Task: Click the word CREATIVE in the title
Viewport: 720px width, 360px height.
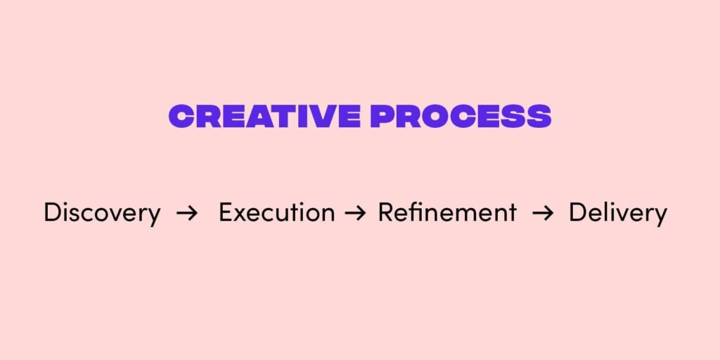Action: (x=264, y=116)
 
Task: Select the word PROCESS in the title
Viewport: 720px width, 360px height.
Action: (x=461, y=116)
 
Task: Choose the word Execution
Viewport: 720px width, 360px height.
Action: (x=276, y=212)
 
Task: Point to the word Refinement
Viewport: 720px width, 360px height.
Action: (x=447, y=212)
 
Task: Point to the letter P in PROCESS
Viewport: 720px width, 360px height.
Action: (x=382, y=116)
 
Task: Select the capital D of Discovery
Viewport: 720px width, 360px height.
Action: (x=53, y=212)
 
